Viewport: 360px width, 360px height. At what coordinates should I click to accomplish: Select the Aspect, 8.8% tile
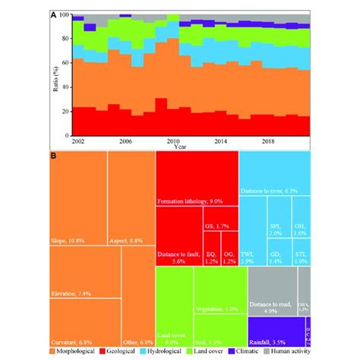[131, 197]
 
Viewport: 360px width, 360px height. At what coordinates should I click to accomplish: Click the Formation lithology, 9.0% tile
[196, 178]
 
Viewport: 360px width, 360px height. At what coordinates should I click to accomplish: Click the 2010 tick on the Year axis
[172, 142]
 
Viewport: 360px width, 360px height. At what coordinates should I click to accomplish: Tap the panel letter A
[52, 14]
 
